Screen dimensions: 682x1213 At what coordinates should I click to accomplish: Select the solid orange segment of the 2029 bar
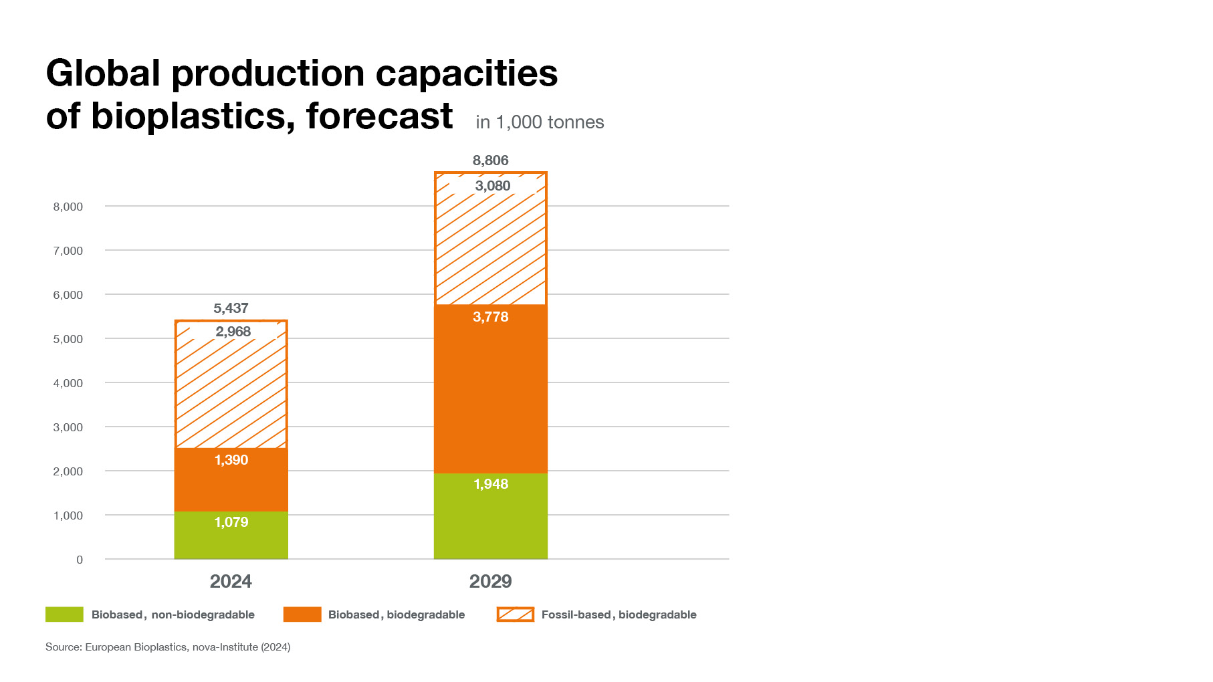point(490,394)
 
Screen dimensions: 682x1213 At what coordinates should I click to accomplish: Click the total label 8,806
point(490,160)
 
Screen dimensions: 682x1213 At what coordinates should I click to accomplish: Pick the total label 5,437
point(231,308)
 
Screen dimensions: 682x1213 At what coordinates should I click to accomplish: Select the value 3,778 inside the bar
point(490,317)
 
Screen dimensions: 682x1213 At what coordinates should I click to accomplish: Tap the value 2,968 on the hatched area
point(233,332)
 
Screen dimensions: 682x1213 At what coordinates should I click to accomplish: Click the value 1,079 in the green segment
point(231,522)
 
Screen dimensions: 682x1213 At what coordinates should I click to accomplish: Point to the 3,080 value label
point(493,186)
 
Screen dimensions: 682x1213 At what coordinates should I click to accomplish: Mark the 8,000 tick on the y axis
point(68,207)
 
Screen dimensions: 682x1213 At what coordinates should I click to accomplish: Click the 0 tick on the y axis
point(80,560)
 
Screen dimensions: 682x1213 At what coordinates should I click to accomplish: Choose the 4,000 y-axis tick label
point(68,383)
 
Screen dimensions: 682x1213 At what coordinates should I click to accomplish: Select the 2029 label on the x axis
point(490,581)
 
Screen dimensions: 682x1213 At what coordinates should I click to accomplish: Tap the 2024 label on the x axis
point(231,581)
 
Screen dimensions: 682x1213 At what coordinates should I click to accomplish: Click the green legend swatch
point(64,614)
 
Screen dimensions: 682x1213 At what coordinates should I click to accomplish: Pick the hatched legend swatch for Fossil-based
point(515,614)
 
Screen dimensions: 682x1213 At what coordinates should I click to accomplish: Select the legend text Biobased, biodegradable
point(396,614)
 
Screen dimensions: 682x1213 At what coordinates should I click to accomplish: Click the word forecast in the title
point(379,116)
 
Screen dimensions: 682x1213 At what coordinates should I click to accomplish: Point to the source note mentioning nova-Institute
point(168,647)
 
